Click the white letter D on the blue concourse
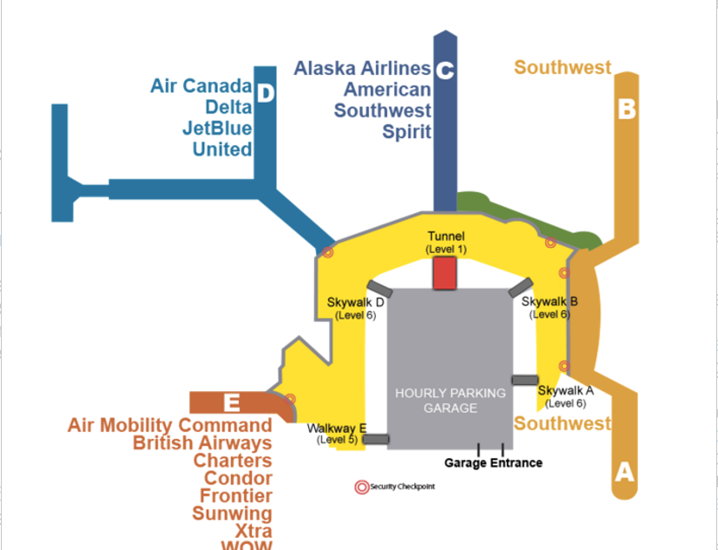265,93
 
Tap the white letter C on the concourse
444,71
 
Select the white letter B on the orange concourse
626,110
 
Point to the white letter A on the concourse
624,472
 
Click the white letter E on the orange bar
231,402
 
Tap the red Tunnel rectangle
445,273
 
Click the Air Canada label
201,86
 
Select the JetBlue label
216,128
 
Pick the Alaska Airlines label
362,68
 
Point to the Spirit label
407,132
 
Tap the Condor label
237,478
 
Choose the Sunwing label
232,513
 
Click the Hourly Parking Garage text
450,400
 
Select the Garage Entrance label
493,463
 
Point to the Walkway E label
336,429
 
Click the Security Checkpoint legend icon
361,487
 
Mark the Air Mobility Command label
170,425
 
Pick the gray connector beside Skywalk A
525,380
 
